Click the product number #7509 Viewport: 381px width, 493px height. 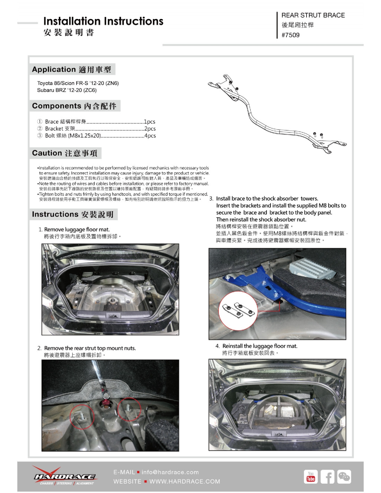pyautogui.click(x=290, y=35)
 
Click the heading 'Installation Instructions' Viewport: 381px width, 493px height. pyautogui.click(x=103, y=21)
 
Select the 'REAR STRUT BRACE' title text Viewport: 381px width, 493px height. pyautogui.click(x=313, y=15)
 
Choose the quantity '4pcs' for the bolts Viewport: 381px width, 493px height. pyautogui.click(x=150, y=136)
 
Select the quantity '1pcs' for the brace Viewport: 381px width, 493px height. pyautogui.click(x=150, y=122)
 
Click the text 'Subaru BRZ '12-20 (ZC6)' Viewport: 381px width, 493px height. pyautogui.click(x=67, y=90)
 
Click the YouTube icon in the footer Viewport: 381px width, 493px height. pyautogui.click(x=310, y=477)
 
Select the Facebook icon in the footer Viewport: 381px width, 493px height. pyautogui.click(x=327, y=477)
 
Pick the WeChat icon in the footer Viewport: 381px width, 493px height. pyautogui.click(x=344, y=477)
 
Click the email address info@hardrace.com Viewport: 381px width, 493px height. pyautogui.click(x=170, y=472)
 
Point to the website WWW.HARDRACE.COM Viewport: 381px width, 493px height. pyautogui.click(x=185, y=482)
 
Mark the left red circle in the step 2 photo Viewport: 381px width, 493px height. pyautogui.click(x=82, y=417)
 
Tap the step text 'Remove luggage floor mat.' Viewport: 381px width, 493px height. pyautogui.click(x=77, y=230)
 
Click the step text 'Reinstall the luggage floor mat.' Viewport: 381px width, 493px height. pyautogui.click(x=260, y=346)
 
